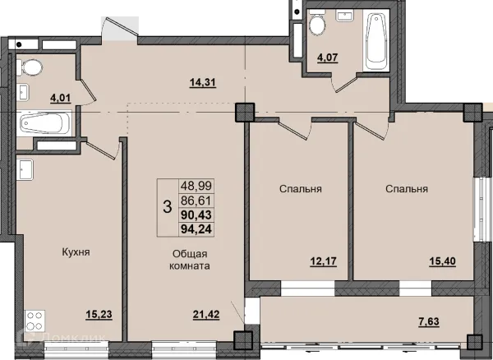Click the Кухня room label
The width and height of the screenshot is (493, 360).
pos(76,252)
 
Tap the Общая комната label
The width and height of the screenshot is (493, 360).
pos(190,260)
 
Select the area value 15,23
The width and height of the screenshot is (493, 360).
pos(99,314)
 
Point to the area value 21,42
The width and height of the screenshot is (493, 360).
pos(206,314)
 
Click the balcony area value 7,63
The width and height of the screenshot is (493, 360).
pos(429,321)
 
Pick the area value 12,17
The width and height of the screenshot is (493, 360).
pos(324,261)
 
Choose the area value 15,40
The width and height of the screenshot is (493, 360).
pos(443,261)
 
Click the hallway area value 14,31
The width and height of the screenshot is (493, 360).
pos(203,82)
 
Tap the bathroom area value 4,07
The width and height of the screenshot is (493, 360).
pos(328,58)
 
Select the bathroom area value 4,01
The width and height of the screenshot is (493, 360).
pos(60,98)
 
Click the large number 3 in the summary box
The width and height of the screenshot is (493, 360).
pos(168,207)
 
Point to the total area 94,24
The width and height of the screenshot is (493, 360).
pos(196,229)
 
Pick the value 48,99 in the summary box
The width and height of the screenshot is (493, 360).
pos(196,186)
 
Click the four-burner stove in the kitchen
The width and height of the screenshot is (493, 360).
pos(35,321)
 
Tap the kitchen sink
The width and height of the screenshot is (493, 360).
pos(25,170)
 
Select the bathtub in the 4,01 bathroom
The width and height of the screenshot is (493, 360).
pos(44,123)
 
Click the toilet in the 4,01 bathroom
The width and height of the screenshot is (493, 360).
pos(30,67)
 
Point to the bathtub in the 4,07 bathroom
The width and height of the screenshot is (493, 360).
pos(376,39)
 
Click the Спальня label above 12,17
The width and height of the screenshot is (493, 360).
pos(300,189)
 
